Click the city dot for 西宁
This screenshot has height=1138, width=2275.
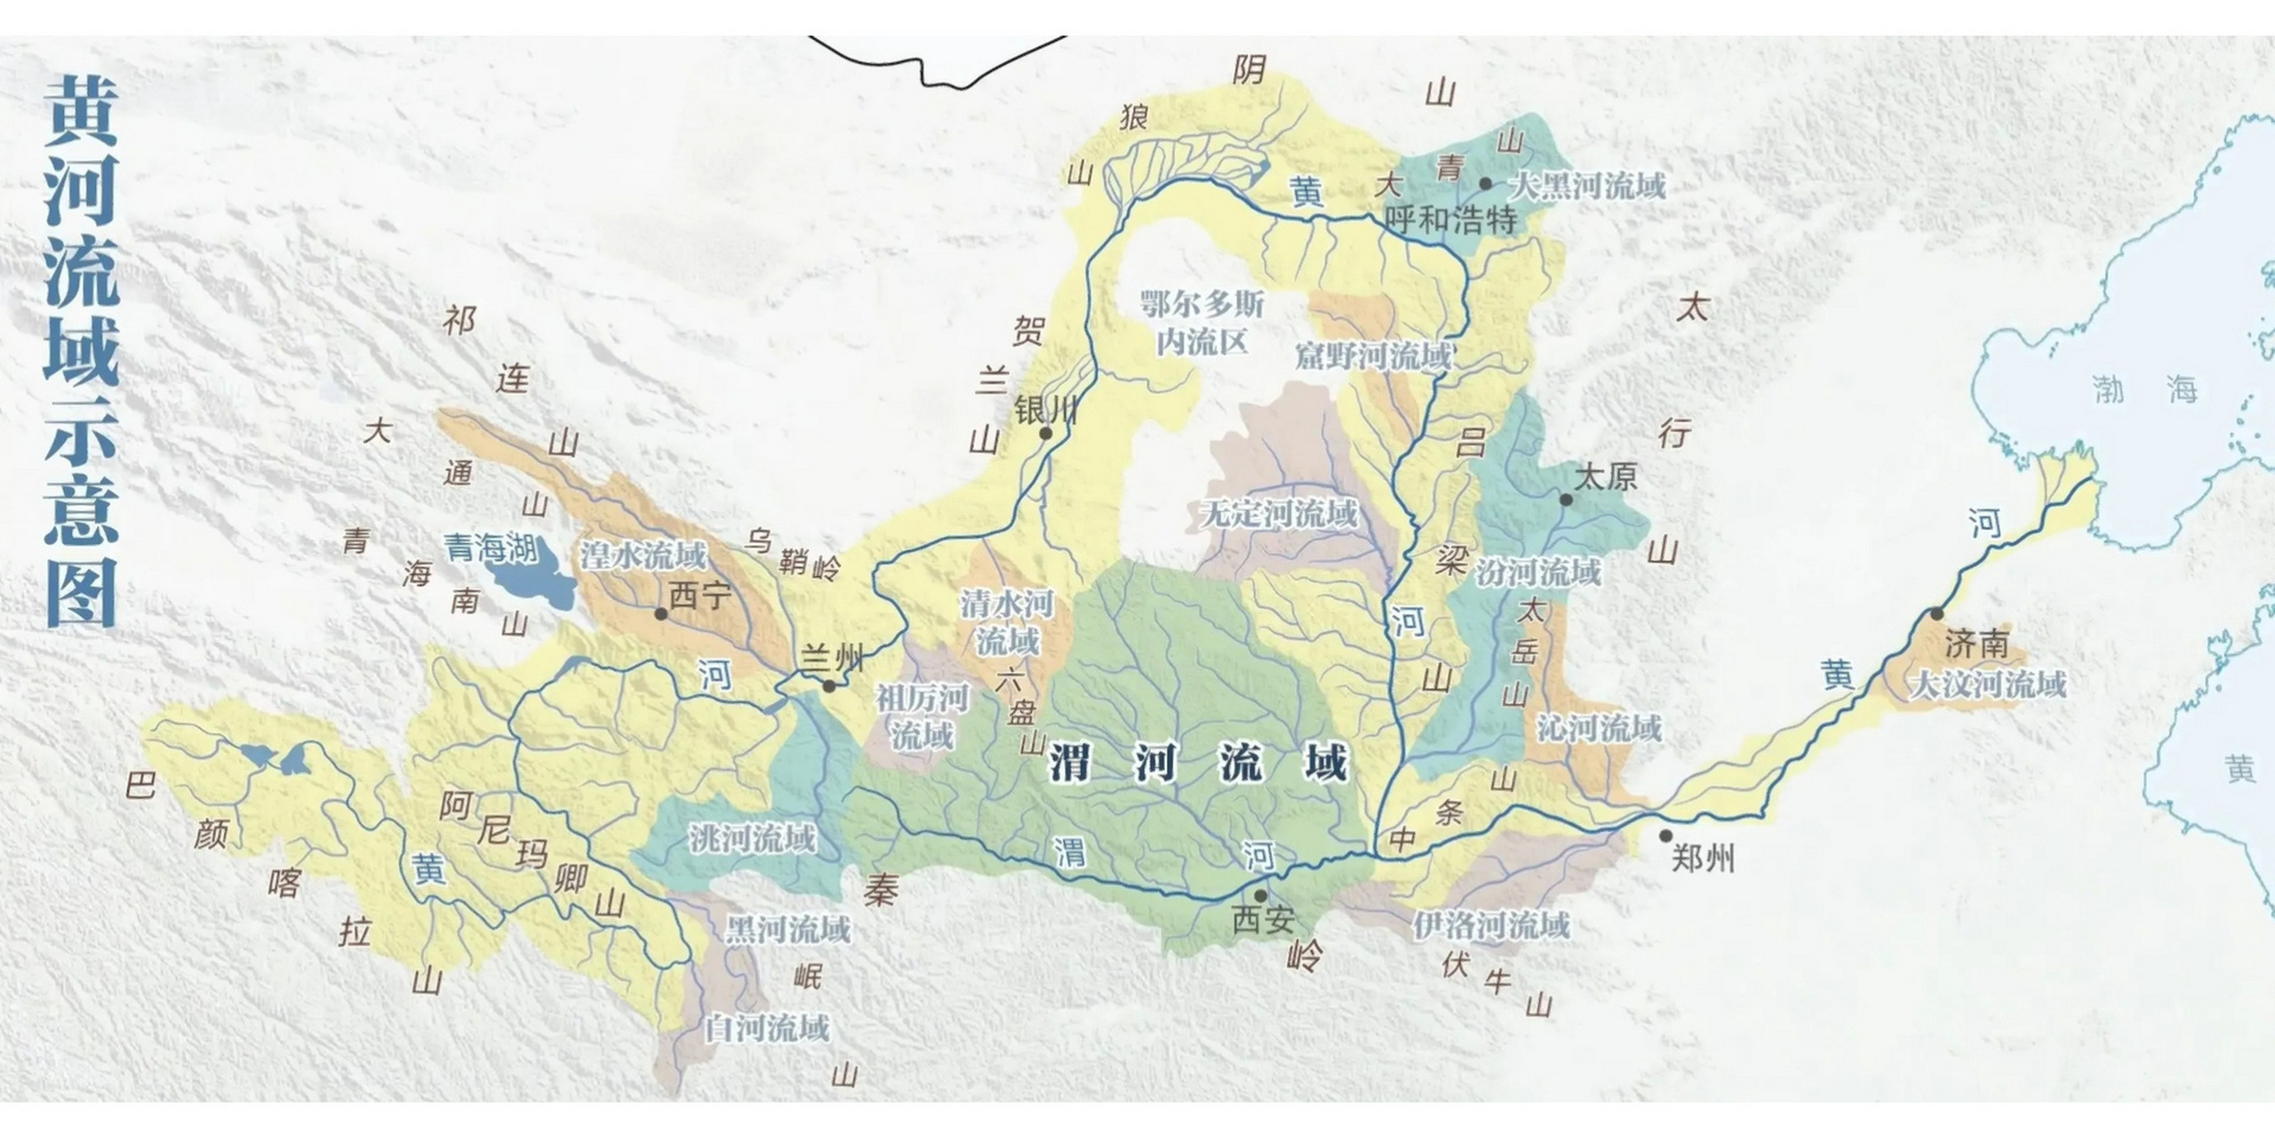[660, 614]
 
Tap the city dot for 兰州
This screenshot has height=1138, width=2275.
[829, 686]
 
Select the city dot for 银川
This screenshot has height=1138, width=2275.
[1046, 434]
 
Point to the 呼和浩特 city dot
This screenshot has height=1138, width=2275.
[1485, 184]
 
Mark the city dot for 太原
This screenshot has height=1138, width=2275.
[1566, 500]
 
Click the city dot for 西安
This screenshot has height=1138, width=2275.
[1260, 895]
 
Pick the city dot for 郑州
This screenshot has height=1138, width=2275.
[1665, 836]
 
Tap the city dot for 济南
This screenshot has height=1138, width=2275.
[1936, 614]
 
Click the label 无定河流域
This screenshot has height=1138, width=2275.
[1279, 514]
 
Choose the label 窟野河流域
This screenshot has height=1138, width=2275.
[1373, 357]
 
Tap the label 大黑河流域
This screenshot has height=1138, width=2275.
[1588, 187]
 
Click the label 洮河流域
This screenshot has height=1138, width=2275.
[752, 838]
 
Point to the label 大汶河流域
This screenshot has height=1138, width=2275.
[1987, 685]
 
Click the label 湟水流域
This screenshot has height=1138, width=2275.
[643, 556]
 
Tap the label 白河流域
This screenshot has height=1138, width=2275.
[767, 1029]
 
